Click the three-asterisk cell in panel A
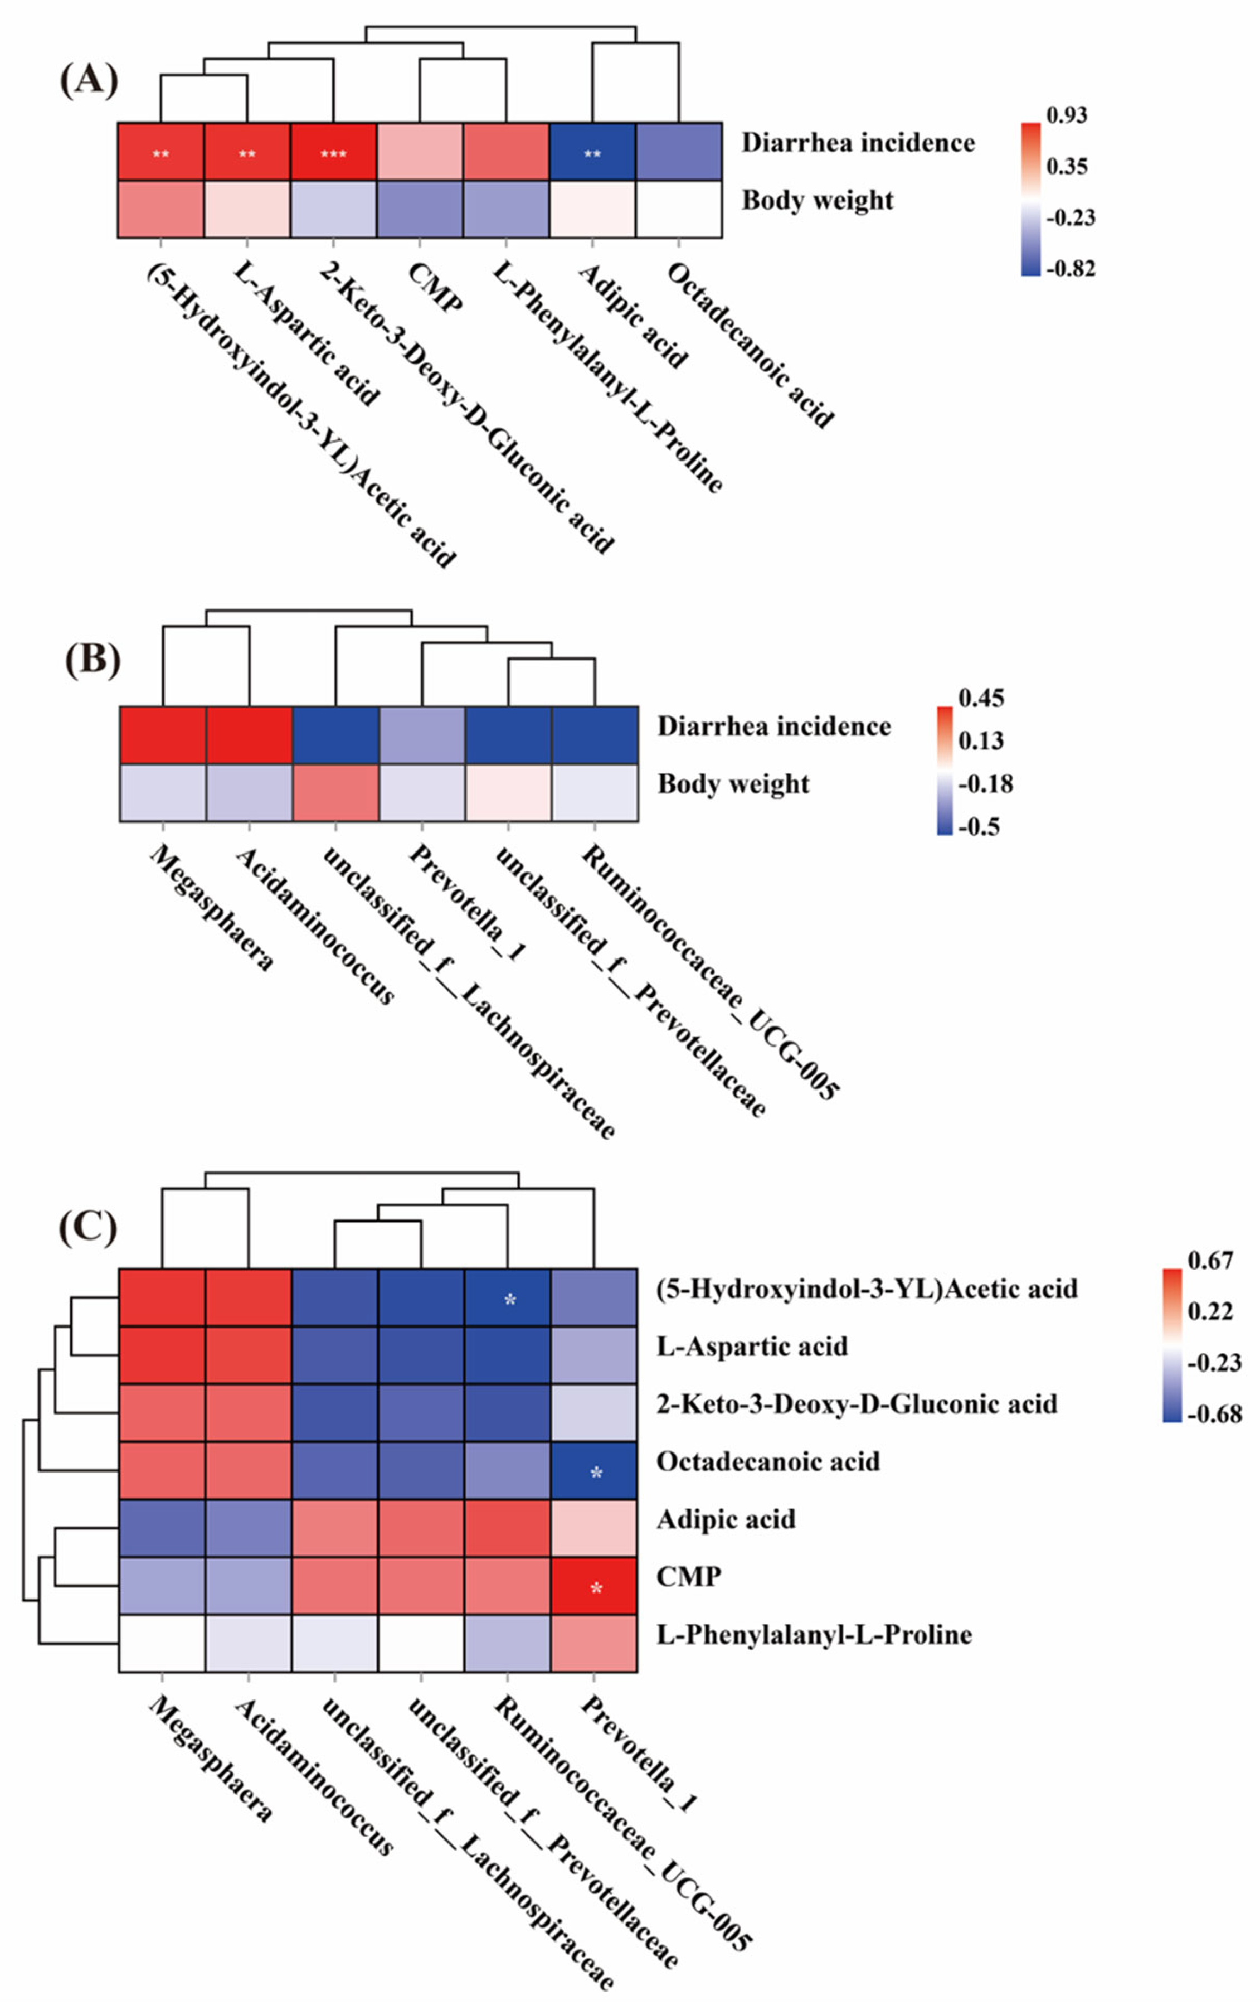click(x=333, y=153)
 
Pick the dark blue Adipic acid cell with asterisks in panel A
click(x=592, y=153)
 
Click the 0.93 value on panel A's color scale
click(x=1067, y=115)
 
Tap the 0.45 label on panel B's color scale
click(x=981, y=698)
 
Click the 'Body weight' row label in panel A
click(x=818, y=201)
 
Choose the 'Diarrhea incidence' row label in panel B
click(x=774, y=726)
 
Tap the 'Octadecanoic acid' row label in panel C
click(x=767, y=1461)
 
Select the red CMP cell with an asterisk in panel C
click(x=595, y=1586)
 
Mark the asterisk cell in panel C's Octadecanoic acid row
click(x=595, y=1471)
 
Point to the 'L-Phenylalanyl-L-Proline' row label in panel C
click(x=814, y=1634)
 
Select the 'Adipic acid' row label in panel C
click(x=726, y=1519)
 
